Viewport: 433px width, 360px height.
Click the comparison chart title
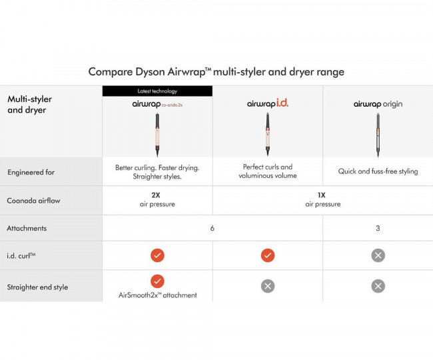tap(217, 71)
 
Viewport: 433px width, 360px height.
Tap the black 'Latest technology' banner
tap(157, 91)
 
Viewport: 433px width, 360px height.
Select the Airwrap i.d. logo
tap(267, 104)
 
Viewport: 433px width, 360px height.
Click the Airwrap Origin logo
tap(378, 104)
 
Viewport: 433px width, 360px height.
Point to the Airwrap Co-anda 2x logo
tap(157, 104)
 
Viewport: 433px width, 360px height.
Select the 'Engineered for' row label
tap(31, 172)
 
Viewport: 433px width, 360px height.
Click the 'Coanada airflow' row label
tap(34, 200)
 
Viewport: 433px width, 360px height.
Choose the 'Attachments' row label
tap(27, 228)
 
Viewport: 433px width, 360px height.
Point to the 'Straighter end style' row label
tap(37, 287)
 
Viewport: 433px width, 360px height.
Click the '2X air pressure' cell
tap(157, 200)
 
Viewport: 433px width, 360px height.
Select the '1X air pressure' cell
tap(322, 200)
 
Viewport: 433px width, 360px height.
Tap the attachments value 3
tap(378, 228)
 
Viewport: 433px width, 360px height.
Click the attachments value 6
tap(213, 228)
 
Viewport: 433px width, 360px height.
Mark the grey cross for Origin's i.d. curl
tap(378, 255)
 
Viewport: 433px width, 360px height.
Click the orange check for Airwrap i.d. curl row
tap(268, 255)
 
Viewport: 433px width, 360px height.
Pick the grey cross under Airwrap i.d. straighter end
tap(268, 286)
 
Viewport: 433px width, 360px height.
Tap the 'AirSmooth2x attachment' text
tap(157, 295)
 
